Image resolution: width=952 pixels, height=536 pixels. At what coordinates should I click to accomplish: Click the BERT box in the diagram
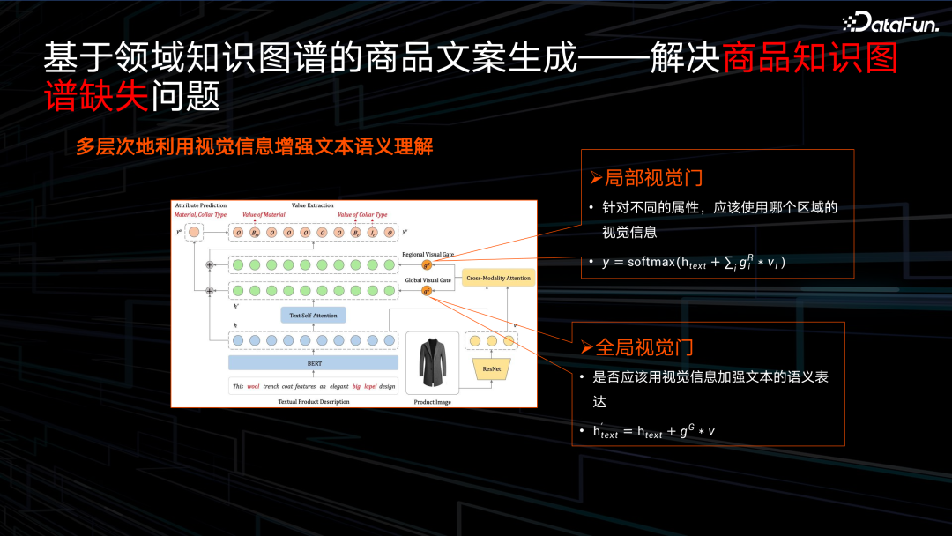point(313,362)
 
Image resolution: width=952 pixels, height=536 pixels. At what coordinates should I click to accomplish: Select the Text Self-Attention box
point(313,315)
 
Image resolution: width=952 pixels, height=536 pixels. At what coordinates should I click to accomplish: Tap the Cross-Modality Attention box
point(498,278)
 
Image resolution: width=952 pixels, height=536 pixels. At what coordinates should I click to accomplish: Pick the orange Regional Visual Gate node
point(427,264)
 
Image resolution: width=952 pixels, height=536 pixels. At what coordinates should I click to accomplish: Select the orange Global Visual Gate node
point(427,290)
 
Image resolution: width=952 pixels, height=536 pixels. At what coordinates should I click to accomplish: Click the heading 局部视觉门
point(646,178)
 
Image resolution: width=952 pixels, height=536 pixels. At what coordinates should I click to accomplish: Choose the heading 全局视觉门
point(637,347)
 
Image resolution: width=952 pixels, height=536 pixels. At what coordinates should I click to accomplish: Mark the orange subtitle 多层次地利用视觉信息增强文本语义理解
point(254,146)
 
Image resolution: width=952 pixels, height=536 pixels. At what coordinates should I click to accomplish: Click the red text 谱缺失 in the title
point(96,96)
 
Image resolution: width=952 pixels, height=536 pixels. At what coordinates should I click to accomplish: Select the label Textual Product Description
point(314,402)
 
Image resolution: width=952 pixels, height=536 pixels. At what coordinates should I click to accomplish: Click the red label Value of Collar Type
point(362,215)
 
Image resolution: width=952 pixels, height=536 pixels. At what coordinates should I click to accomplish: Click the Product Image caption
point(432,402)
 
